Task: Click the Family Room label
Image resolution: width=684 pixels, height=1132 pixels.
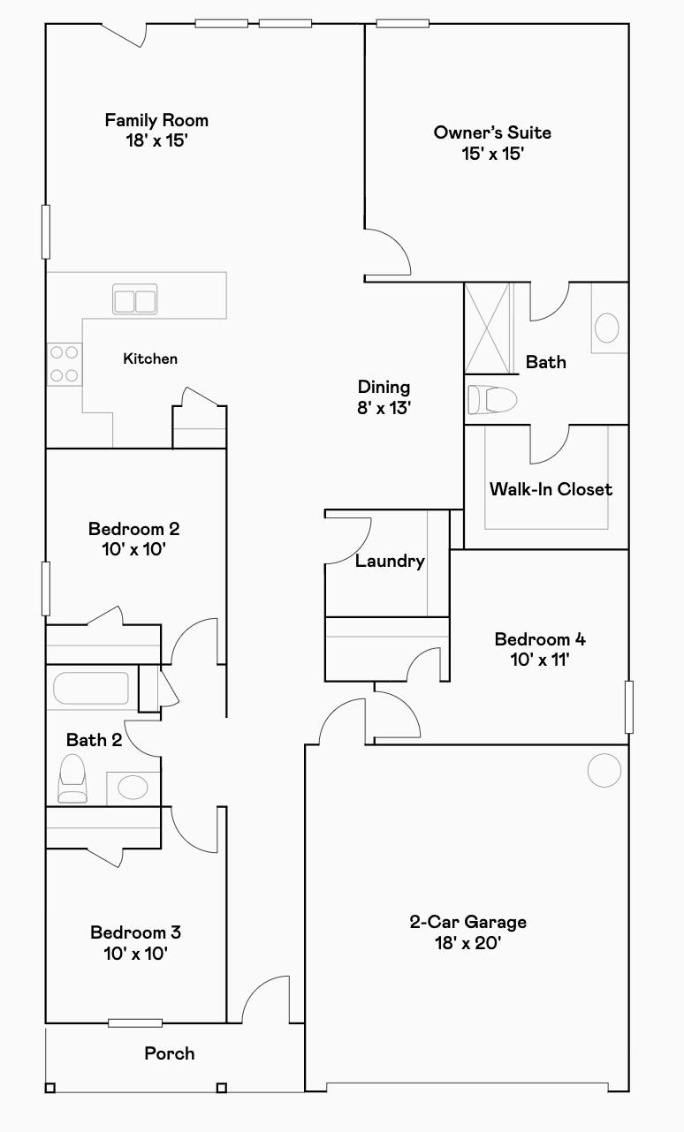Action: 156,120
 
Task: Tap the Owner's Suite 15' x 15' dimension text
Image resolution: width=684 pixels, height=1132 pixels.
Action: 492,154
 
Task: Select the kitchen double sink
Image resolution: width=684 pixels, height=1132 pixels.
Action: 134,298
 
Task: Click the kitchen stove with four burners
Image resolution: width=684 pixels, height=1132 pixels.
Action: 65,364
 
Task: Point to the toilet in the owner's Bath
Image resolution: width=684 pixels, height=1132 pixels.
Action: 491,400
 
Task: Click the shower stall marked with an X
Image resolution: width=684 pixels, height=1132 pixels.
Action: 487,328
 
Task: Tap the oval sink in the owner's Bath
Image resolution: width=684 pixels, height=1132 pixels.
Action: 606,328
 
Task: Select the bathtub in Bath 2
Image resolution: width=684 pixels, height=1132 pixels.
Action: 91,688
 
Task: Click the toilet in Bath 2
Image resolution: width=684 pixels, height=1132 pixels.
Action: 72,779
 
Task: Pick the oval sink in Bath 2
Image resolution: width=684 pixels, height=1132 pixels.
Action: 133,788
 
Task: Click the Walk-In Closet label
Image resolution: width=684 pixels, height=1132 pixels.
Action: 551,488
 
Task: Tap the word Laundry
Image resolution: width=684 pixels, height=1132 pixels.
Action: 390,561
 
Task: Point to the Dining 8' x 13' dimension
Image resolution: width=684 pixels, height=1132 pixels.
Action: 384,407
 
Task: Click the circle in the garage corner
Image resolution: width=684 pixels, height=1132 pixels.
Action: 604,770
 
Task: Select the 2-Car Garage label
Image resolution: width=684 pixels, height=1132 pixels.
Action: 468,922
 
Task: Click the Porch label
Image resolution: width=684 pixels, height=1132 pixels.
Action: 170,1053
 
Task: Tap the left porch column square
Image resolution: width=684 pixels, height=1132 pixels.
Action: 49,1088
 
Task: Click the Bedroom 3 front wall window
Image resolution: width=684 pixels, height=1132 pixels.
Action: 135,1023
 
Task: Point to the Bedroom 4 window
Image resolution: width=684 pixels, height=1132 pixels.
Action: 629,707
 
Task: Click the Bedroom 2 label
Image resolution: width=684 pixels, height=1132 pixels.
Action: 134,529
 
